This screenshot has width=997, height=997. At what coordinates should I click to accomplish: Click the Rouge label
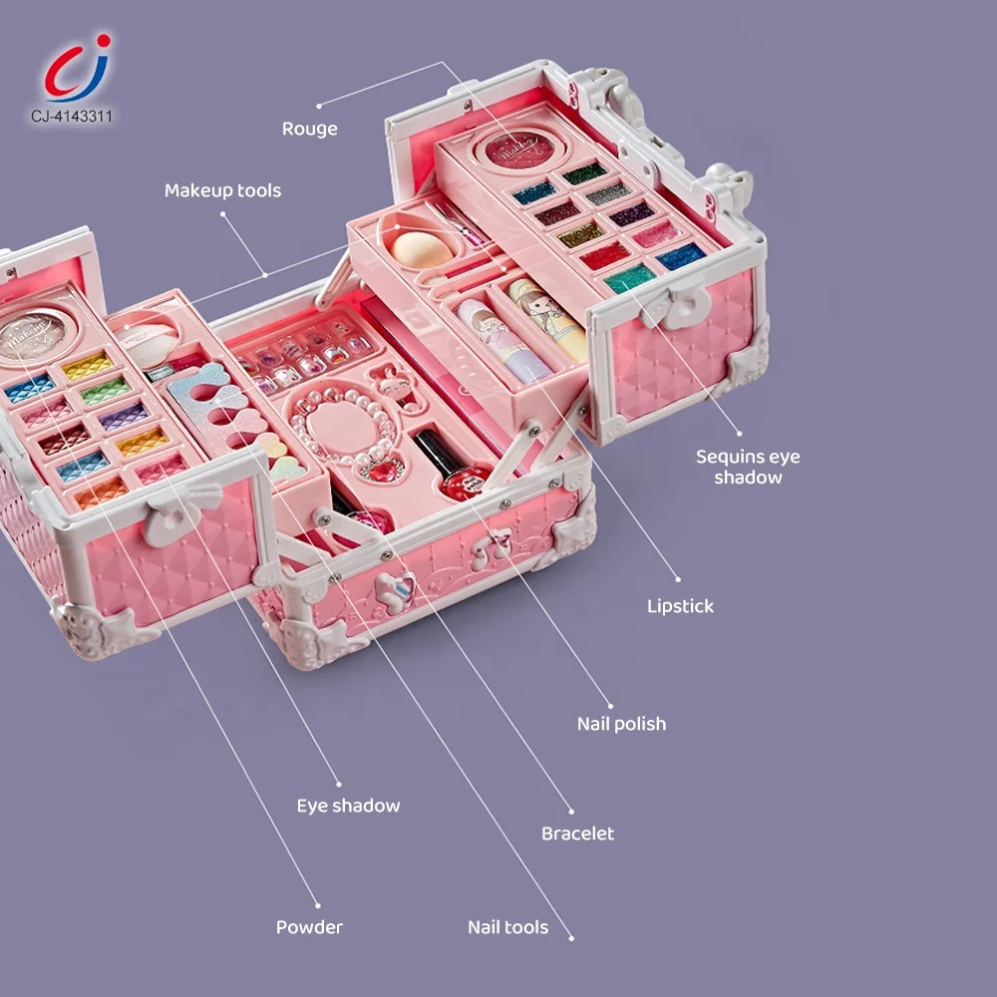click(x=309, y=129)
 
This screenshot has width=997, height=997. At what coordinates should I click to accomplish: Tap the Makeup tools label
click(x=222, y=190)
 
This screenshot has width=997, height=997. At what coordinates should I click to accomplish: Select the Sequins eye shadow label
click(x=747, y=467)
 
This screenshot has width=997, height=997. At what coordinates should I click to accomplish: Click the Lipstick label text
click(x=680, y=606)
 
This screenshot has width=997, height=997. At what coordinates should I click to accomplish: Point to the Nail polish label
click(x=621, y=724)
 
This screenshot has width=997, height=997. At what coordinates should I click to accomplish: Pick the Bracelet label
click(x=577, y=833)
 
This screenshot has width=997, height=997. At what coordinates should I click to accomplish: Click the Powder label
click(x=309, y=927)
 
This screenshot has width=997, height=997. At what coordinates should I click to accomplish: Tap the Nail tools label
click(x=507, y=927)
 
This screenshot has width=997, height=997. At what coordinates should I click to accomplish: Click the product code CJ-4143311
click(x=71, y=117)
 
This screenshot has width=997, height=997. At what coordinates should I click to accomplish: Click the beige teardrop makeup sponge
click(x=423, y=246)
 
